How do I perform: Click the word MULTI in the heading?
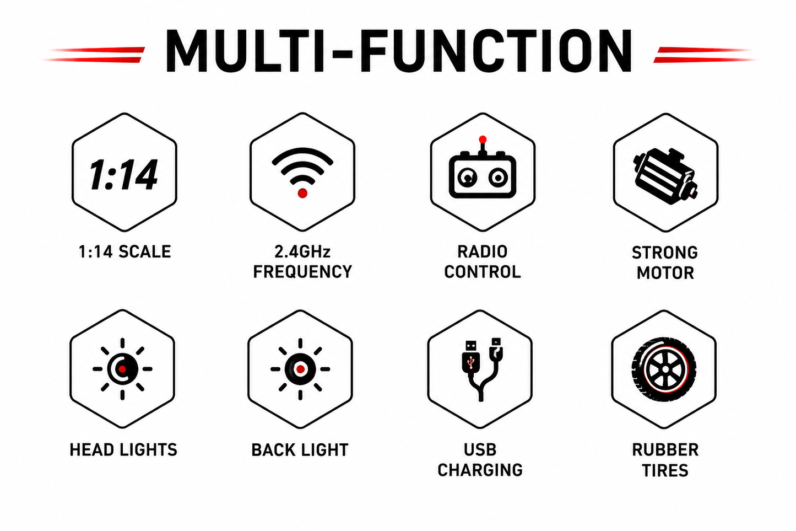tap(245, 51)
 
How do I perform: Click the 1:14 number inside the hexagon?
tap(123, 174)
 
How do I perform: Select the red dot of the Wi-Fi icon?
tap(302, 193)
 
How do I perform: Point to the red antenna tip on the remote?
tap(482, 139)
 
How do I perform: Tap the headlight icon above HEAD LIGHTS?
tap(123, 369)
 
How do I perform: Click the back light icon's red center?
tap(300, 369)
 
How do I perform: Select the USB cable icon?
tap(480, 370)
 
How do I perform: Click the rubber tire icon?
tap(664, 369)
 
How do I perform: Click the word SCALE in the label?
tap(145, 252)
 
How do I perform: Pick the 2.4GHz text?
tap(302, 252)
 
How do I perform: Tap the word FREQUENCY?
tap(302, 272)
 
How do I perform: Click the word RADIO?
tap(482, 252)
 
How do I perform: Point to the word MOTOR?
tap(665, 273)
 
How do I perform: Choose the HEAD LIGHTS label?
tap(123, 450)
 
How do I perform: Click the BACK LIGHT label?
tap(300, 450)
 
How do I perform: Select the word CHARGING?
tap(480, 470)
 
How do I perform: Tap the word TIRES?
tap(665, 470)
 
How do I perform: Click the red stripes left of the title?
tap(95, 55)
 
